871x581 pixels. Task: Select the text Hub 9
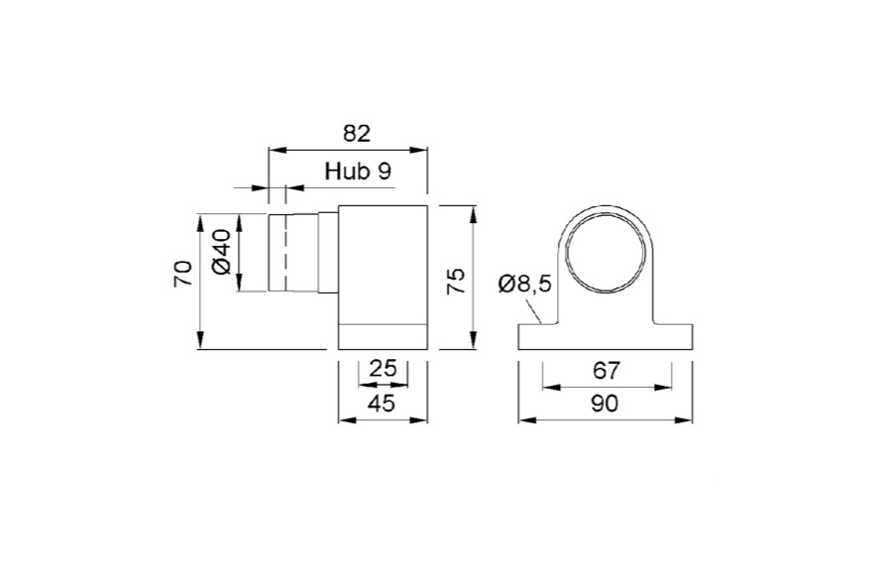pos(358,171)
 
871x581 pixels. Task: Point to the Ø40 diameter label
pos(221,252)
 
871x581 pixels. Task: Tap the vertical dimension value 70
pos(182,274)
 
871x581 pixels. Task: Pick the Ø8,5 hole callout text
pos(524,285)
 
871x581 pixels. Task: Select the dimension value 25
pos(382,368)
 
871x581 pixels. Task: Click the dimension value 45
pos(381,403)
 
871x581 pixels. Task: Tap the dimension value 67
pos(605,370)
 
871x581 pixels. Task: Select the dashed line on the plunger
pos(286,253)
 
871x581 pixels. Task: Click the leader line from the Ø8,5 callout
pos(535,311)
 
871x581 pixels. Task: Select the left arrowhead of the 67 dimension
pos(548,387)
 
